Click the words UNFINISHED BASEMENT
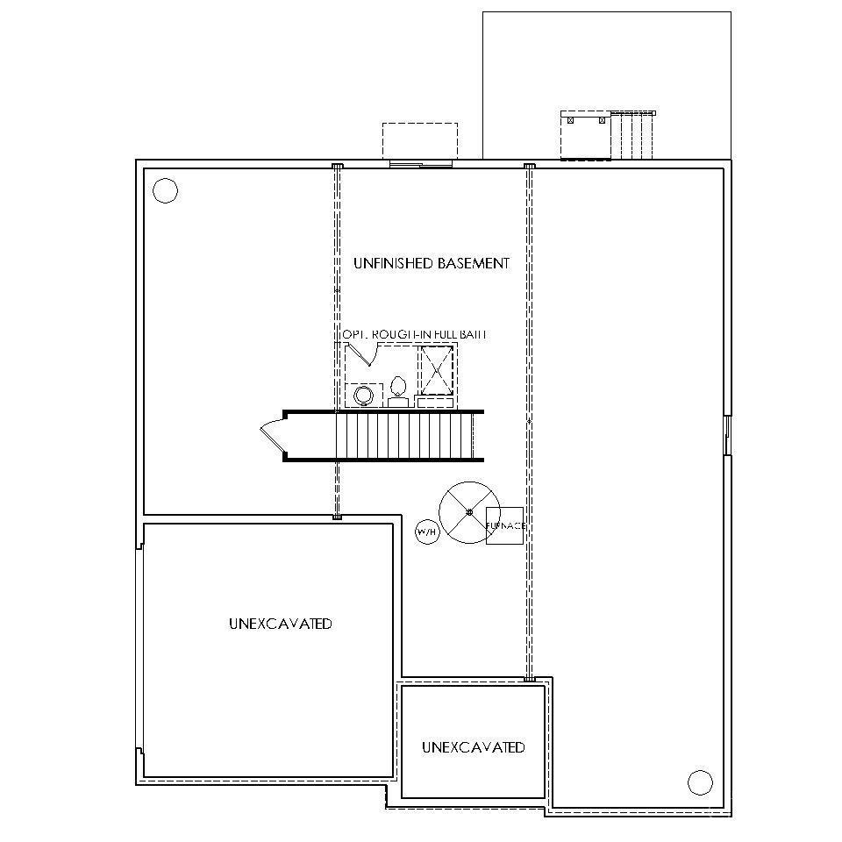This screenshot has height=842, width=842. point(431,263)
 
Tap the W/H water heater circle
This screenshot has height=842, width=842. point(427,532)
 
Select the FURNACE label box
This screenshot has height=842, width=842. point(504,525)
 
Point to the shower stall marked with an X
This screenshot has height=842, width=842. point(436,370)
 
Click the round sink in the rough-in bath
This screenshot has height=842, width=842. point(362,396)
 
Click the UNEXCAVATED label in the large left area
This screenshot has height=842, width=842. point(280,624)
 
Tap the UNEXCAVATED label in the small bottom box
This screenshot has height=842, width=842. point(473,747)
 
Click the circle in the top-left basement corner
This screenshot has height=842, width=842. point(165,190)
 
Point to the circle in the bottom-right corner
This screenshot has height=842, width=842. point(700,781)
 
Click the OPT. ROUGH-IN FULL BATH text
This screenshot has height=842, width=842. point(413,335)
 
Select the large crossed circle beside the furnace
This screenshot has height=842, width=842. point(469,512)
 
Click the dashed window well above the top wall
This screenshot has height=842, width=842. point(419,140)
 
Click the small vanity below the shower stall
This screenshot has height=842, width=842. point(435,403)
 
